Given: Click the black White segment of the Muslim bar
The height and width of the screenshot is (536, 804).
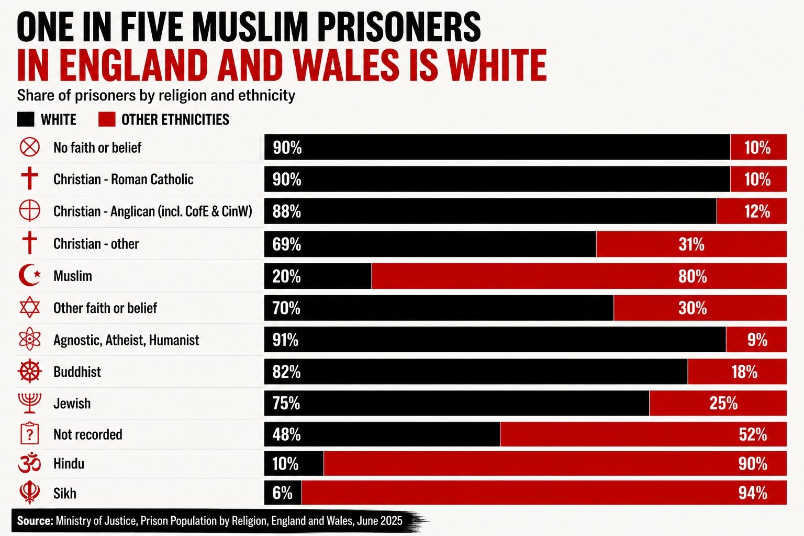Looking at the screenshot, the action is pos(318,276).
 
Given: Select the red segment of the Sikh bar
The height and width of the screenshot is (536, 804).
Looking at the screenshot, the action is pos(544,493).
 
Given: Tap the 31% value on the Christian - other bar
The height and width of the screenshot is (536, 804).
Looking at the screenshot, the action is pos(691,244).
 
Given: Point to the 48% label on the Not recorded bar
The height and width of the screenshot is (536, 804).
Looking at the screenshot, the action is pos(286,434).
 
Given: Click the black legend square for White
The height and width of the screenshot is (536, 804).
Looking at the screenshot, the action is pos(26,119).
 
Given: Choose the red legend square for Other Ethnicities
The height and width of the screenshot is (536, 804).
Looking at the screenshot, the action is pos(107,119).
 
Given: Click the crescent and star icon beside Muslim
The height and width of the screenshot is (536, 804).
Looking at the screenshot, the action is pos(30,275).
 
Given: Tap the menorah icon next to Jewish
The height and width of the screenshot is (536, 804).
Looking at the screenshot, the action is pos(30,403).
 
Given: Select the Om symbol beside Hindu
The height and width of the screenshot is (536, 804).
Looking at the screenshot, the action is pos(29,463).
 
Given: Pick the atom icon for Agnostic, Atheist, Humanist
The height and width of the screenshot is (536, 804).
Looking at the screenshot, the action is pos(30,339).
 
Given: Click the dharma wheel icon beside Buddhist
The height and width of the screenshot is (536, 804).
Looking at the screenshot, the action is pos(30,371).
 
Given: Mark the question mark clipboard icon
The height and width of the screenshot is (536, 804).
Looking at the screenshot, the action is pos(30,434).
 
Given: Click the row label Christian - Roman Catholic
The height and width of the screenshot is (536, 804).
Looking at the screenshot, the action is pos(124,179).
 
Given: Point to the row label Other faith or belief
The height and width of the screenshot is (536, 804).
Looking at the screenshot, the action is pos(105,308).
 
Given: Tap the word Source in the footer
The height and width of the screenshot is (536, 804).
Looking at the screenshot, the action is pos(35,521).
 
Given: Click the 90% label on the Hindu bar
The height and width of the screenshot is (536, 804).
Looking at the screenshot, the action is pos(753,464).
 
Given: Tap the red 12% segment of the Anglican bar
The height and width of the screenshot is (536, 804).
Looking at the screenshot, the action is pos(752,211).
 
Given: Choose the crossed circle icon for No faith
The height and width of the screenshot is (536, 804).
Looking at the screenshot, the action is pos(30,147).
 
